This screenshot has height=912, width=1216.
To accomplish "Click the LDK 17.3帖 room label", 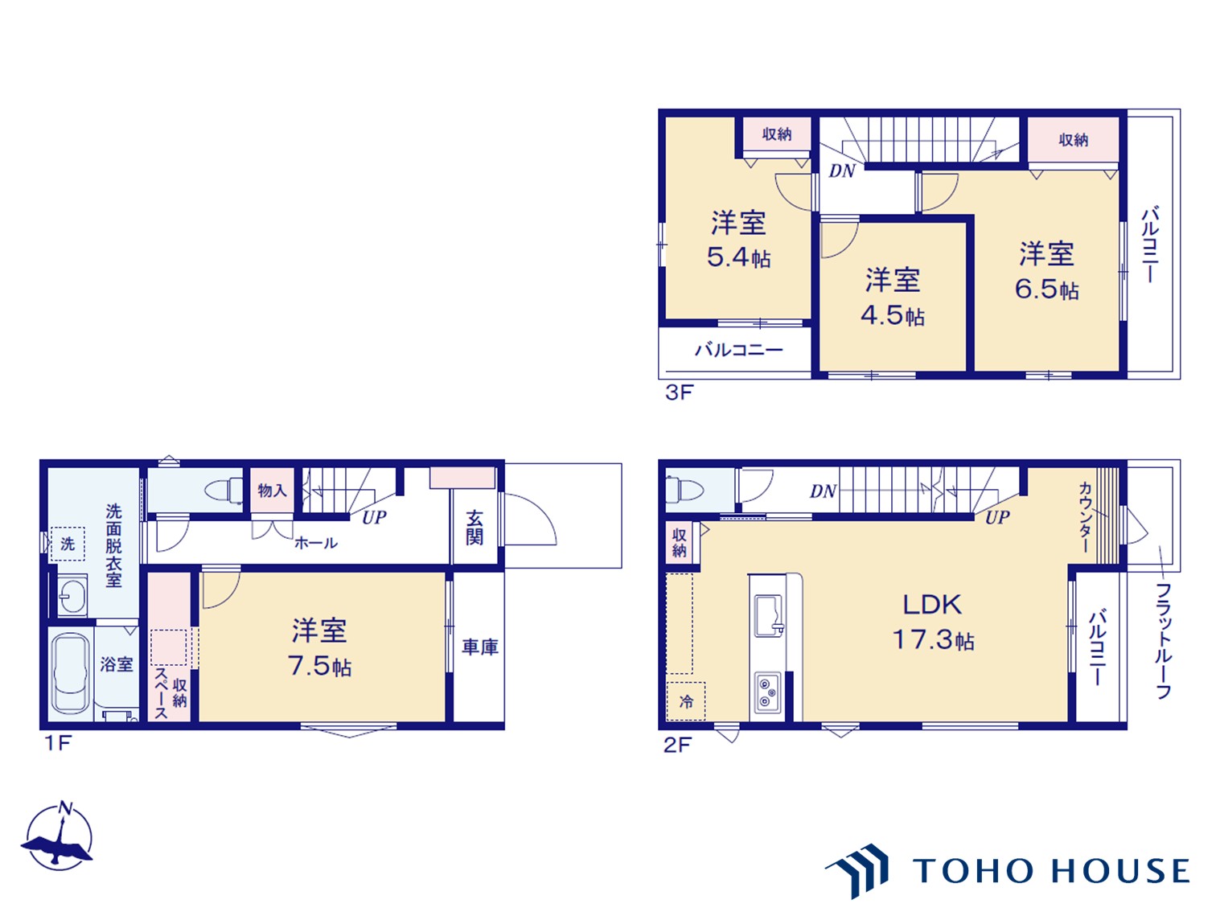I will [x=932, y=622].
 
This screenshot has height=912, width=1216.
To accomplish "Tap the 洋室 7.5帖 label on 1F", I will [x=320, y=648].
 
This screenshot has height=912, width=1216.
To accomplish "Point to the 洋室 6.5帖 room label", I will [x=1046, y=271].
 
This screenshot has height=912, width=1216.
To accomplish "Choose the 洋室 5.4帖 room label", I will [x=738, y=239].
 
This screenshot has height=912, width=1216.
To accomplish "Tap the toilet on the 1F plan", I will [x=224, y=490].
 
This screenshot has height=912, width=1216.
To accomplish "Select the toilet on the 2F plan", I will [x=684, y=489].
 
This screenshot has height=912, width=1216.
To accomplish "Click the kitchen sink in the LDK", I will [x=767, y=615].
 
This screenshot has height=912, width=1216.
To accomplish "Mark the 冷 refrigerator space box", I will [x=686, y=701].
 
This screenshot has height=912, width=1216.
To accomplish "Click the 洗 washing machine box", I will [x=68, y=544].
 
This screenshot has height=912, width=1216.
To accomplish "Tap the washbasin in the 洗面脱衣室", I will [x=72, y=596].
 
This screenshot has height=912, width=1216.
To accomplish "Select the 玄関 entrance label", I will [x=474, y=527].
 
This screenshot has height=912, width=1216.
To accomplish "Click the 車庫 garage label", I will [x=480, y=647].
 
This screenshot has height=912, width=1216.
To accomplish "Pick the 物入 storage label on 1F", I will [x=272, y=491].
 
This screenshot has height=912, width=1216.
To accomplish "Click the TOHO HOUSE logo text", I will [x=1050, y=871].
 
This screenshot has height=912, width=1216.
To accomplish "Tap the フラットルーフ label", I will [x=1163, y=640].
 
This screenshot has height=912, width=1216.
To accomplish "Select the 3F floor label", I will [x=678, y=392].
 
